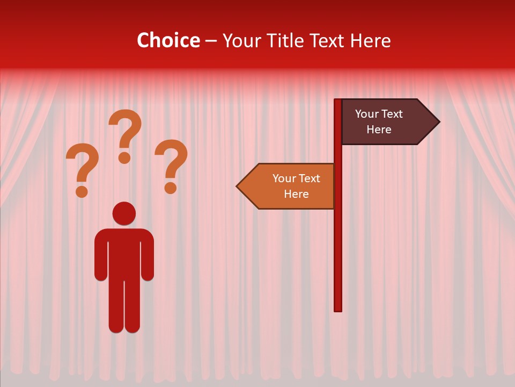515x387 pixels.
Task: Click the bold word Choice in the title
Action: [x=168, y=40]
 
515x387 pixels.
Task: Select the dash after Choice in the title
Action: [x=211, y=41]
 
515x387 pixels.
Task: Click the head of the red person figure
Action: [x=124, y=213]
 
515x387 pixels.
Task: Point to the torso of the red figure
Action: [x=124, y=253]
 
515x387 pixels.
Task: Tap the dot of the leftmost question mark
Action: [x=82, y=191]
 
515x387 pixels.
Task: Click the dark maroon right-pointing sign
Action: [x=386, y=122]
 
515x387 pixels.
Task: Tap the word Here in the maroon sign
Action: [x=379, y=130]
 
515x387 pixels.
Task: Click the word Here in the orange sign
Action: [x=296, y=194]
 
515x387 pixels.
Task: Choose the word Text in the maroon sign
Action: [x=391, y=114]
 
